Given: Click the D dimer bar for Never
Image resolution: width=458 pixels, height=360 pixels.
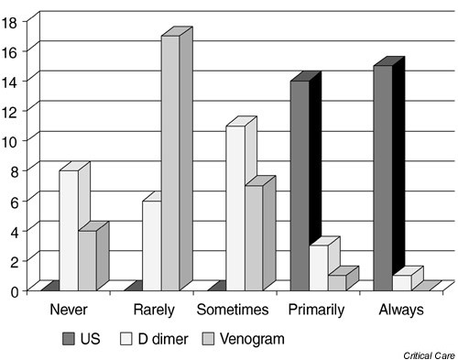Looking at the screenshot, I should (69, 229).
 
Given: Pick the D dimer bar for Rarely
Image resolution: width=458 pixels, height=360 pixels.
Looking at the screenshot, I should (152, 245).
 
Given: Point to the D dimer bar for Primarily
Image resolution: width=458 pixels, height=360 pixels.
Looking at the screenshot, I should (318, 267).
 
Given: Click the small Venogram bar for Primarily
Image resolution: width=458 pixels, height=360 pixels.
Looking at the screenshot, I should (336, 282).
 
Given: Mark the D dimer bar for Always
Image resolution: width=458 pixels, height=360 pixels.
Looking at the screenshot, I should (401, 282).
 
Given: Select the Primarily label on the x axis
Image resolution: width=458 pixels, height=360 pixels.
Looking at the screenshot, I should (316, 311).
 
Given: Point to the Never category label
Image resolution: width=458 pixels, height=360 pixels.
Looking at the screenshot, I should (69, 311).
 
